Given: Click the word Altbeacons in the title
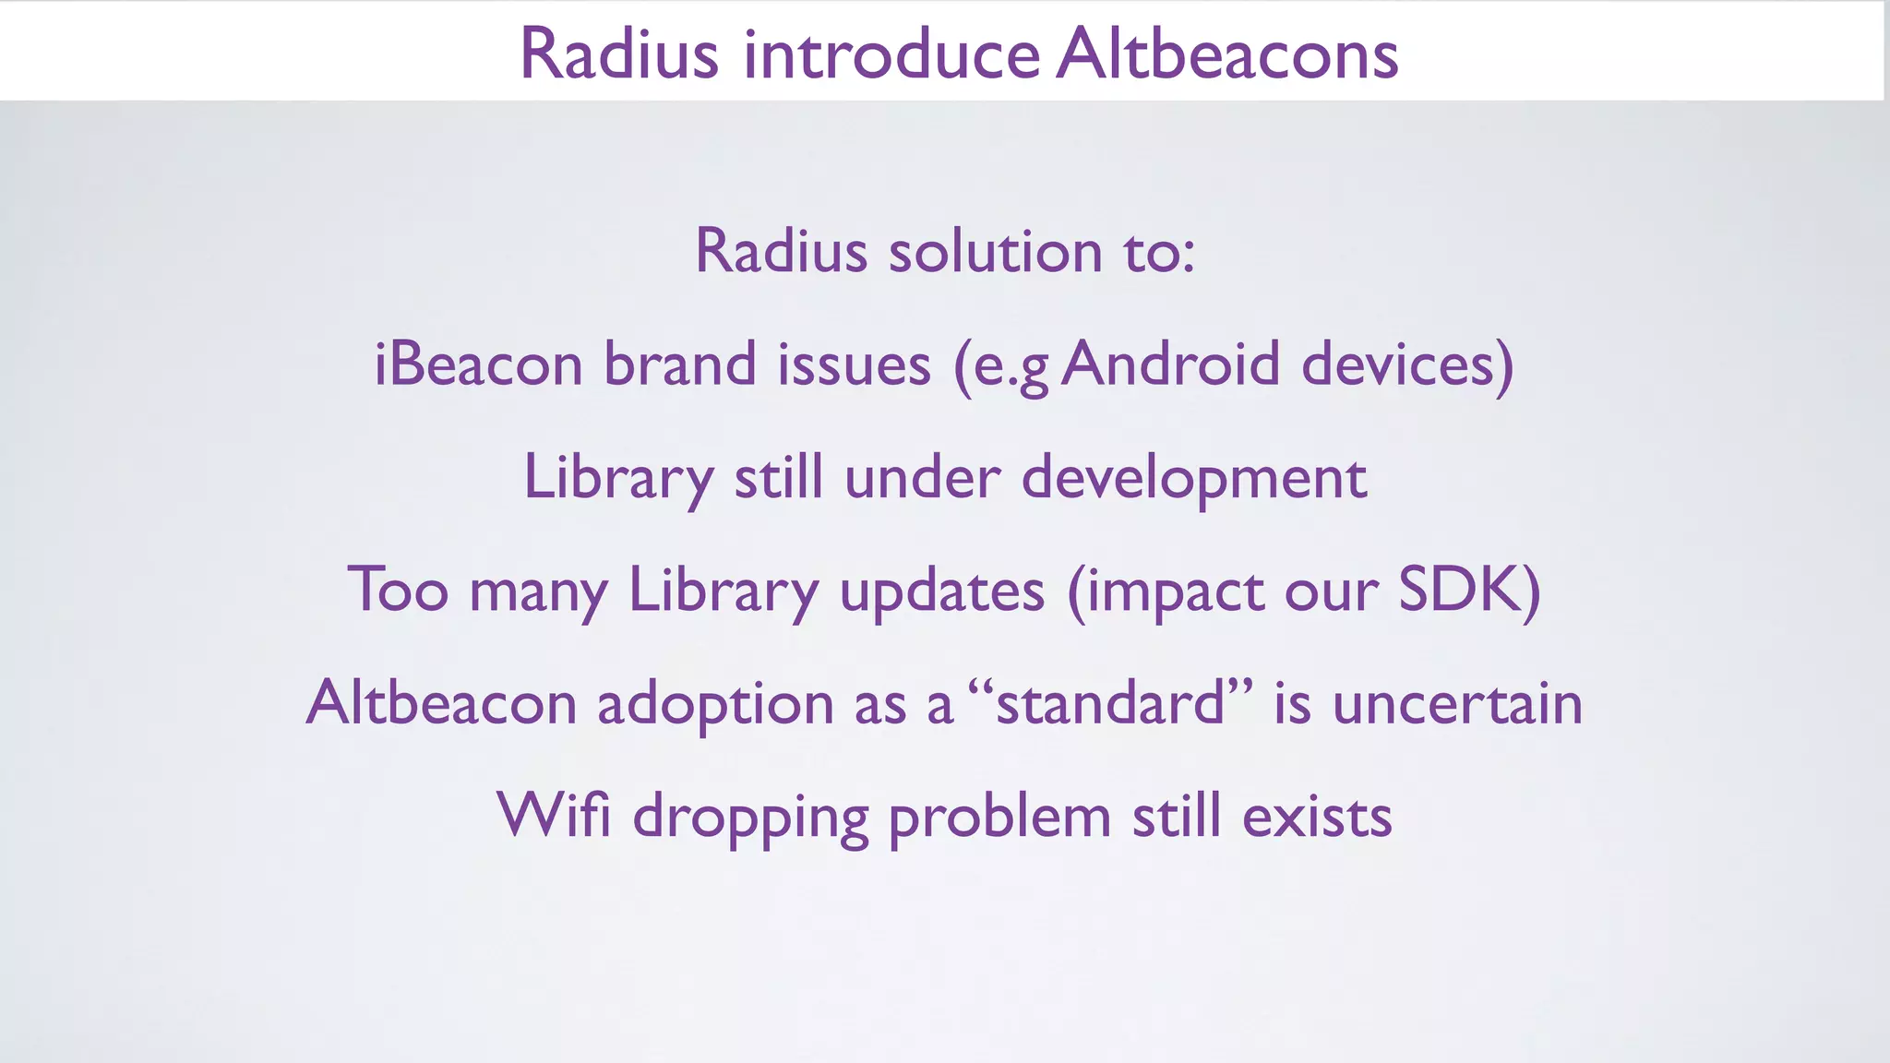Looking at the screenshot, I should tap(1227, 54).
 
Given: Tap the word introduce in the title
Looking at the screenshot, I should tap(891, 54).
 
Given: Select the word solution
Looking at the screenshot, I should tap(995, 251).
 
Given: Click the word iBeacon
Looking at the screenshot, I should tap(478, 364).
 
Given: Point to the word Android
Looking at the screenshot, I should tap(1170, 364).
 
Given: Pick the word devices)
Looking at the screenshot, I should tap(1407, 364).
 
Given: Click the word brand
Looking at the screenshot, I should tap(679, 364).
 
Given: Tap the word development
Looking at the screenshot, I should tap(1193, 478).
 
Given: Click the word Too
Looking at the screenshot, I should tap(398, 590).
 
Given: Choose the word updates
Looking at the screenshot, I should tap(941, 591).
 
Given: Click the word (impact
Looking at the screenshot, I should tap(1165, 591).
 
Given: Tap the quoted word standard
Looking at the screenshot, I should tap(1111, 703).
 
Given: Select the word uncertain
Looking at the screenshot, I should tap(1457, 703).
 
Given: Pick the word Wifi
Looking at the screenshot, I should tap(554, 816).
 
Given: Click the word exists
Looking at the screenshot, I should tap(1317, 816).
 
